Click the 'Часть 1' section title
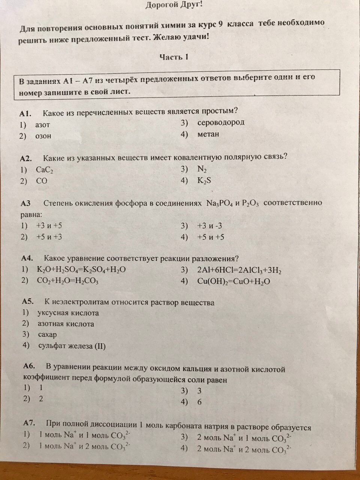click(174, 57)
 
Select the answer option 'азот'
click(43, 124)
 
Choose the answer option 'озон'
click(43, 136)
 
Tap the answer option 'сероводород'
click(221, 122)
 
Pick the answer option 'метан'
click(208, 134)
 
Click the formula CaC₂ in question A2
click(45, 170)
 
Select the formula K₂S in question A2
click(204, 180)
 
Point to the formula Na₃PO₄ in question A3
click(220, 204)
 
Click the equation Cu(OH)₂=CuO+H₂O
click(233, 281)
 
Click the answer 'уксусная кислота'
click(68, 313)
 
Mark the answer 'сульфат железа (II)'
click(72, 346)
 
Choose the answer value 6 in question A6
click(199, 402)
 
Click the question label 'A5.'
click(28, 301)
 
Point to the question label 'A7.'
click(29, 423)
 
